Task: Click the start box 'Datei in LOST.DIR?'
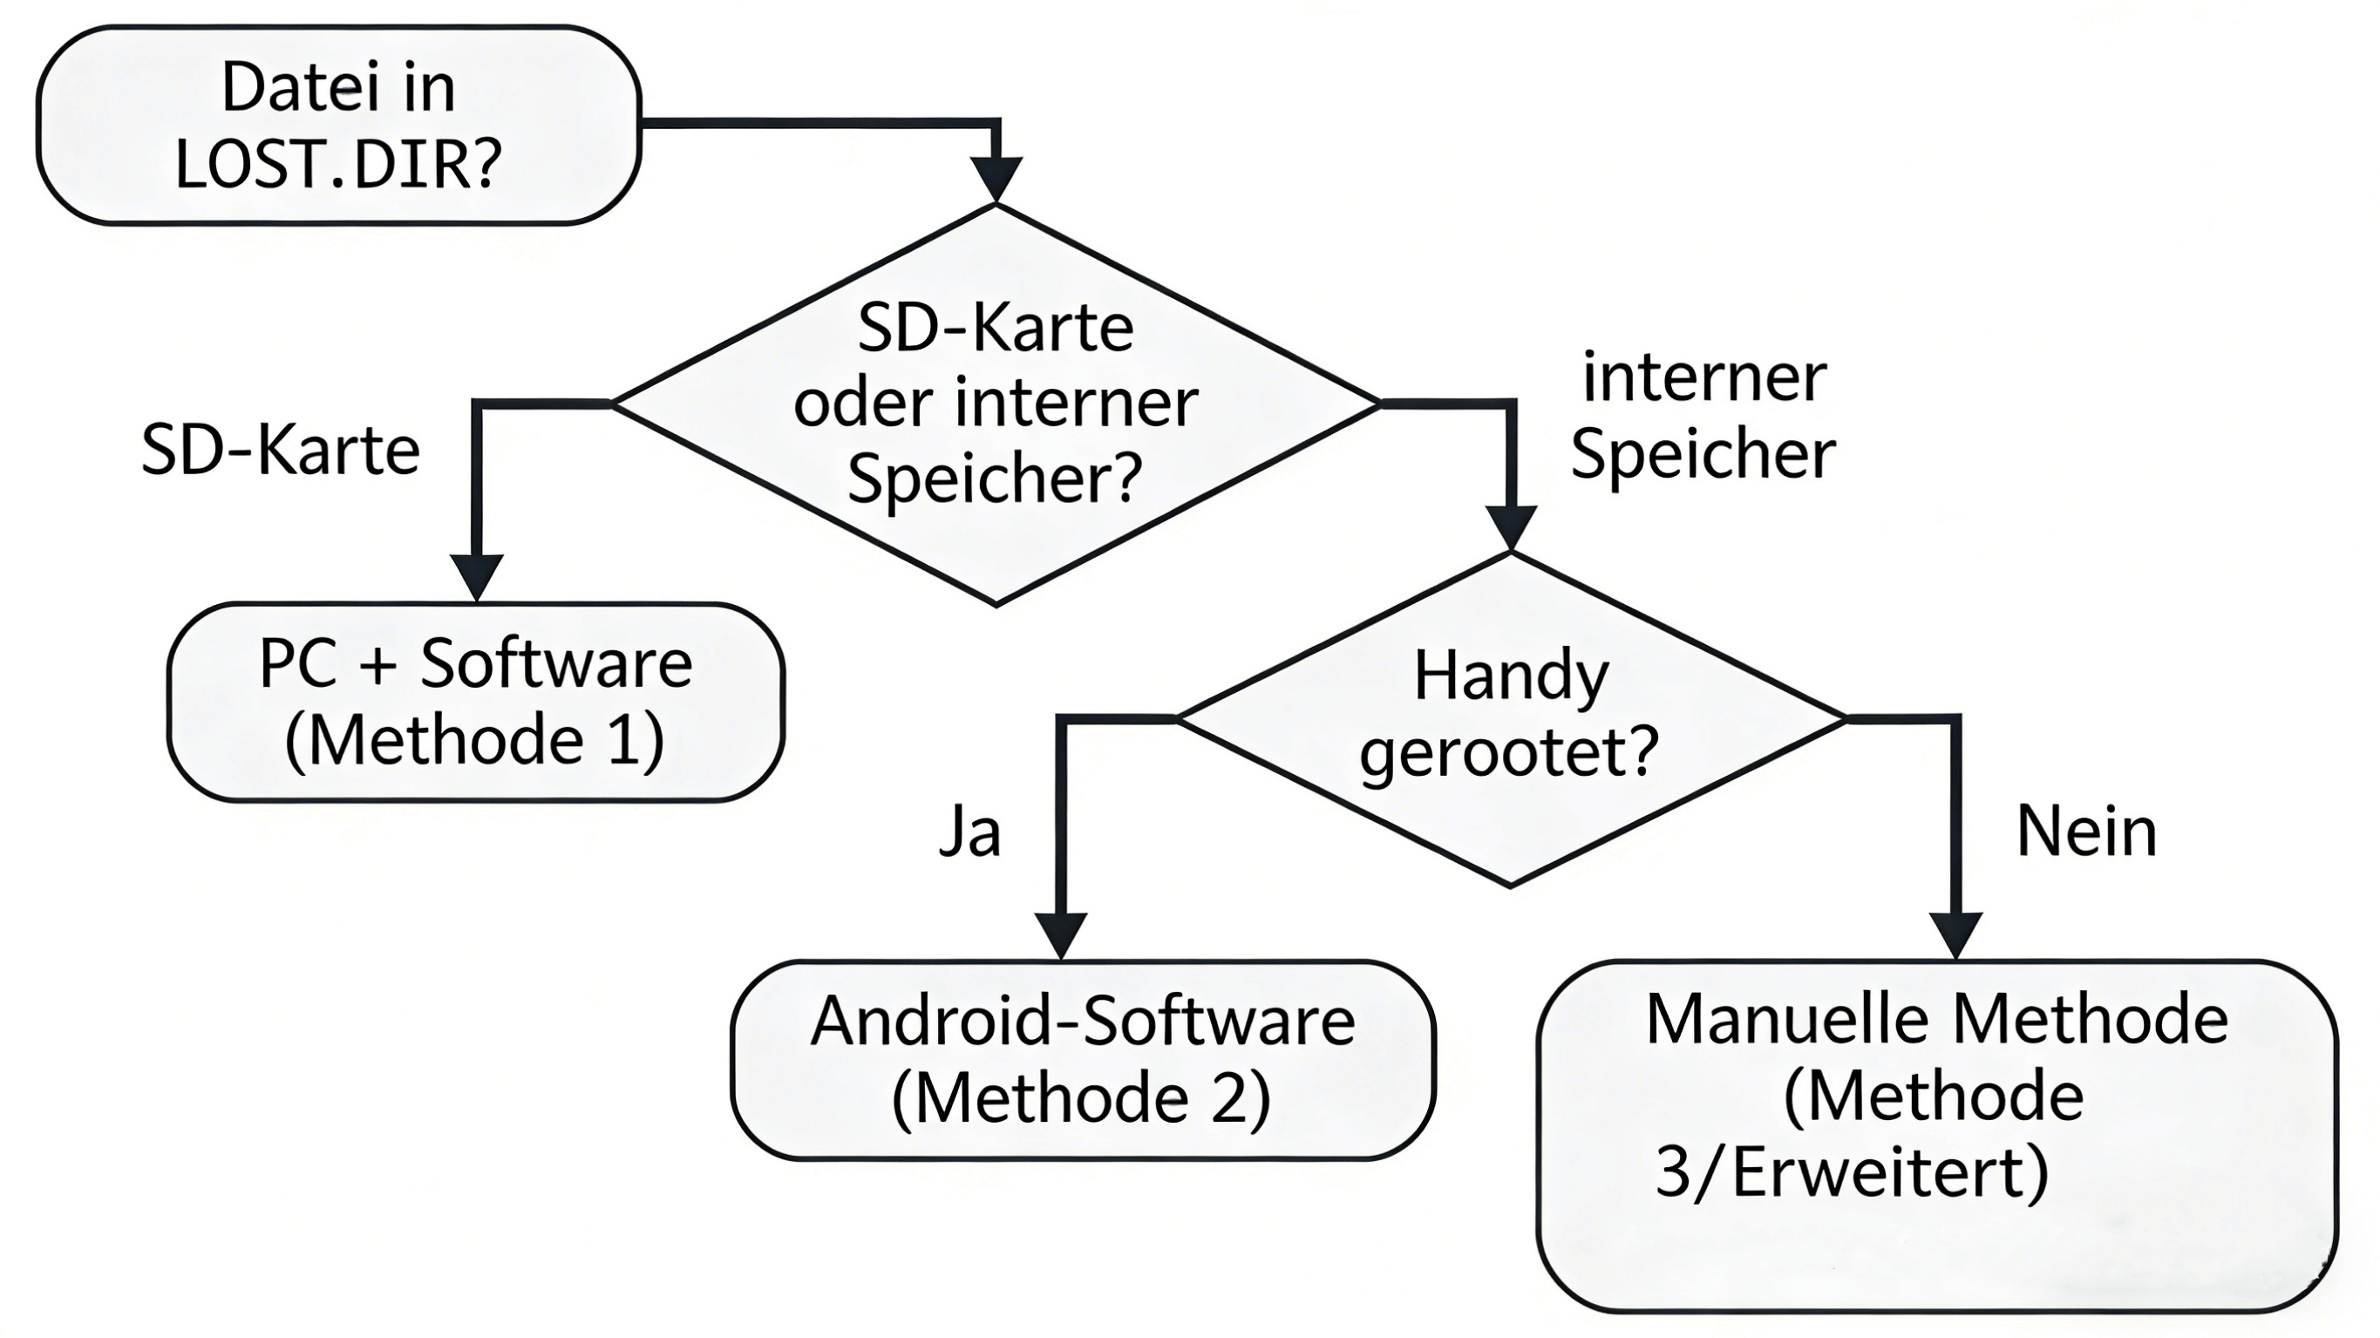coord(338,125)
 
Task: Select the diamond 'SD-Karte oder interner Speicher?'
coord(995,404)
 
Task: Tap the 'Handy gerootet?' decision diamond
coord(1511,718)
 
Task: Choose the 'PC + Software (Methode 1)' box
coord(475,702)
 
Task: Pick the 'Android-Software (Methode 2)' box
coord(1082,1059)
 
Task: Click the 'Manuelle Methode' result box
coord(1936,1135)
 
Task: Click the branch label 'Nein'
coord(2085,832)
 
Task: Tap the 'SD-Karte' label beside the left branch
coord(281,451)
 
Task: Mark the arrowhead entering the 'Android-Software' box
coord(1060,935)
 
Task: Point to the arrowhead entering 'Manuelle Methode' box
coord(1956,934)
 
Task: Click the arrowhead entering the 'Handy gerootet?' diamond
coord(1511,526)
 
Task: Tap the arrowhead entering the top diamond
coord(996,178)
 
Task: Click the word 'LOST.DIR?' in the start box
coord(338,164)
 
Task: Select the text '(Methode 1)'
coord(475,741)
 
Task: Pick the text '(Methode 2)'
coord(1082,1098)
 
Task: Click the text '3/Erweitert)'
coord(1852,1173)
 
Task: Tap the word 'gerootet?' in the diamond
coord(1509,753)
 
